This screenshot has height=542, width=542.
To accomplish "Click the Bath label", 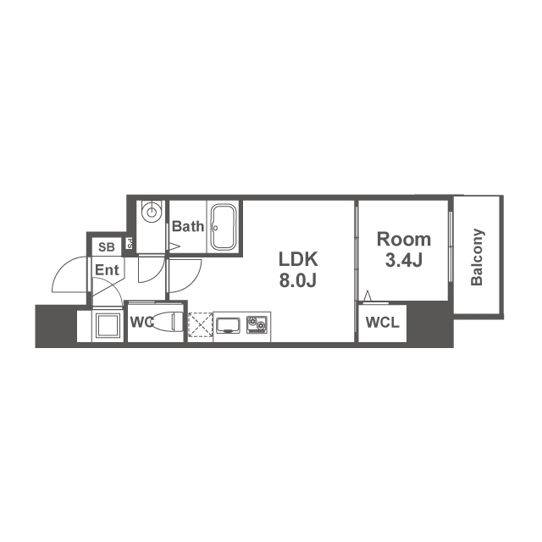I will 188,227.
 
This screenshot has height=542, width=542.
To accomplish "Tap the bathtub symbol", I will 224,226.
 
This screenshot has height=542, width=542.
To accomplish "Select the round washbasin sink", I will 151,211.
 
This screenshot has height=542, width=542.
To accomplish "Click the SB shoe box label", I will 106,247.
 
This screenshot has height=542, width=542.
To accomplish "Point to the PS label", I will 130,244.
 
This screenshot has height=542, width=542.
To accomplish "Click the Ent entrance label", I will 107,270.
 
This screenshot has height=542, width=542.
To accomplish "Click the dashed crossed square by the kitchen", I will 200,325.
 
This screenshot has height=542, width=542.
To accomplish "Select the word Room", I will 404,239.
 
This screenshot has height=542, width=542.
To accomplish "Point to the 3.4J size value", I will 404,261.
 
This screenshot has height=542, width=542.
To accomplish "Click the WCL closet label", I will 382,323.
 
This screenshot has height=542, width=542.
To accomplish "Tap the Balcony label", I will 477,257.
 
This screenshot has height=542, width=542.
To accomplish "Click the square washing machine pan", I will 108,326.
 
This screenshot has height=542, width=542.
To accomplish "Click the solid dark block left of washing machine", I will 55,326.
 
